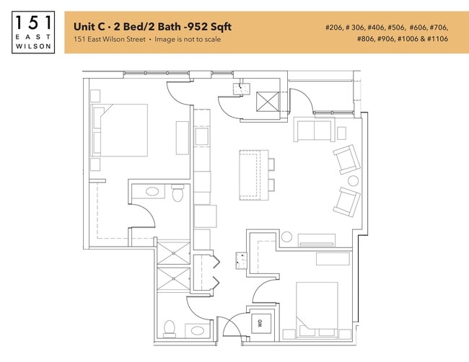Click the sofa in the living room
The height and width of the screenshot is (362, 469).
(x=312, y=131)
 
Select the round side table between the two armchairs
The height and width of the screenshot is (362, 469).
(x=353, y=180)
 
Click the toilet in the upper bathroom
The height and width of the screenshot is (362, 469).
(x=178, y=193)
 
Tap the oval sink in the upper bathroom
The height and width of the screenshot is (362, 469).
(x=152, y=192)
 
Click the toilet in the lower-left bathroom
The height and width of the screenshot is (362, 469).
(x=169, y=329)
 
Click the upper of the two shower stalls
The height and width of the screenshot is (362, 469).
(x=173, y=253)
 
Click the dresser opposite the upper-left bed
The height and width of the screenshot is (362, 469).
(x=182, y=137)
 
